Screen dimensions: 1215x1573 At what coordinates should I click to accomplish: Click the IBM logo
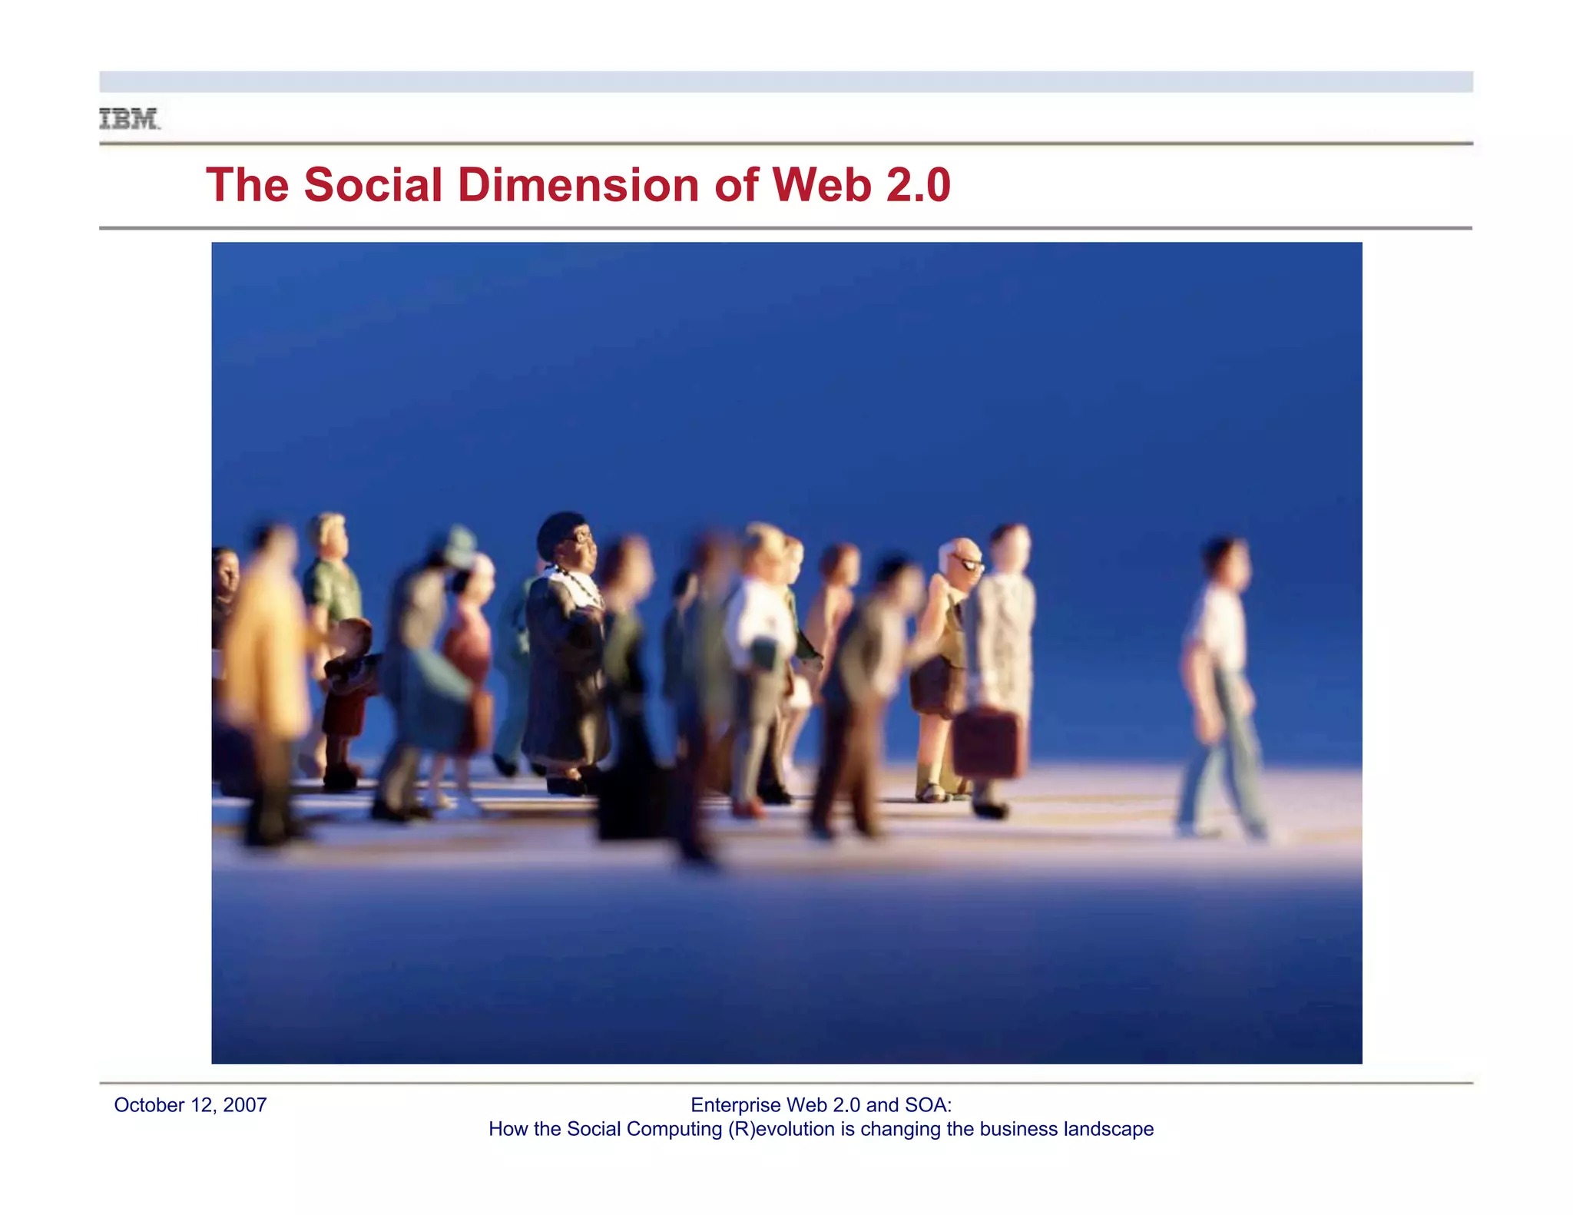coord(130,119)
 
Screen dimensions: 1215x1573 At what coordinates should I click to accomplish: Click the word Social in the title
coord(373,185)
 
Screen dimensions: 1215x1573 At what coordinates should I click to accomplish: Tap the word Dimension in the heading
coord(580,185)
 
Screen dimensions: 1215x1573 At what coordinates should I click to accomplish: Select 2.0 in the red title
coord(919,185)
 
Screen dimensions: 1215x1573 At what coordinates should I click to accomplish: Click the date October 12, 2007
coord(190,1105)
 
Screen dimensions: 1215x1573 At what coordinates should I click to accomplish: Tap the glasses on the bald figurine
coord(969,564)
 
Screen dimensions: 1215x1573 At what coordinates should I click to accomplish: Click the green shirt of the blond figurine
coord(332,591)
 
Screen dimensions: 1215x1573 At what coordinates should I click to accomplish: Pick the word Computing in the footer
coord(675,1129)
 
